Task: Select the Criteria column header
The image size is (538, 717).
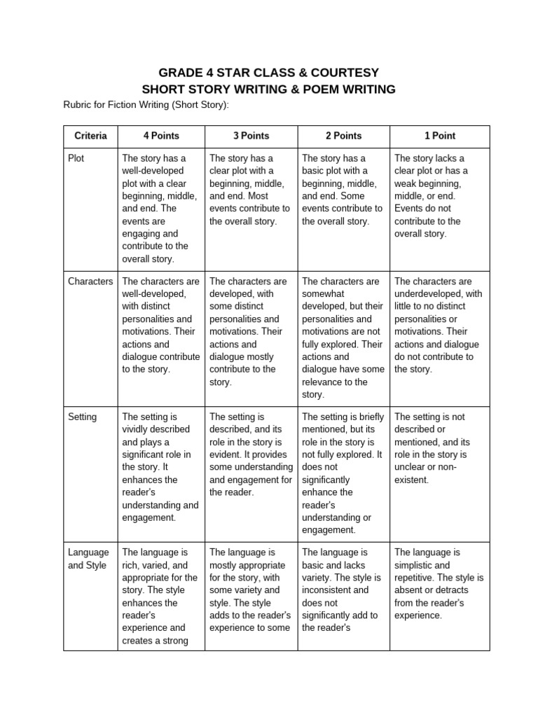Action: [90, 136]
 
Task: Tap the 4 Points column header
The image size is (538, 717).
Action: [161, 136]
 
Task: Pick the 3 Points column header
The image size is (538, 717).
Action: [251, 136]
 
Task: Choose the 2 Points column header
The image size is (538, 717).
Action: [343, 136]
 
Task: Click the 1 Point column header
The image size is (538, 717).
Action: [439, 136]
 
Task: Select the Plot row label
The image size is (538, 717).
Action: [76, 158]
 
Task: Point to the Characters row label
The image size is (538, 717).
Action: [90, 281]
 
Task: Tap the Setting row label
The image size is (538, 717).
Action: [82, 417]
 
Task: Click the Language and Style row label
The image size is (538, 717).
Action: [88, 559]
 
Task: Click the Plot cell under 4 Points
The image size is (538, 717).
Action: [160, 208]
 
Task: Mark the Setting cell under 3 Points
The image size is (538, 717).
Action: [251, 454]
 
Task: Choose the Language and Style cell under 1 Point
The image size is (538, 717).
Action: [439, 584]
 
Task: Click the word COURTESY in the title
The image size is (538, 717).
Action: [343, 72]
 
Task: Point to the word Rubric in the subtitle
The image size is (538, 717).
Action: [78, 105]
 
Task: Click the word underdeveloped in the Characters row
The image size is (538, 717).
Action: [429, 294]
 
